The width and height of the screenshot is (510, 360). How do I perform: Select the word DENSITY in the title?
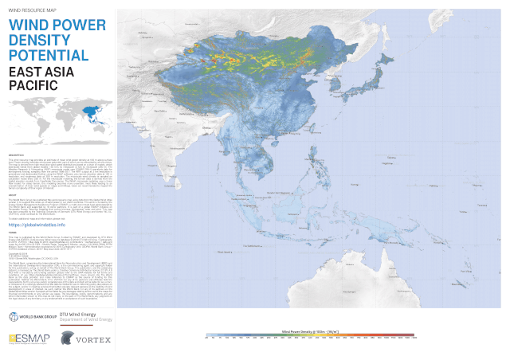coord(40,41)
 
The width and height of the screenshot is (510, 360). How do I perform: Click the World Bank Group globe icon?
coord(13,317)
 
